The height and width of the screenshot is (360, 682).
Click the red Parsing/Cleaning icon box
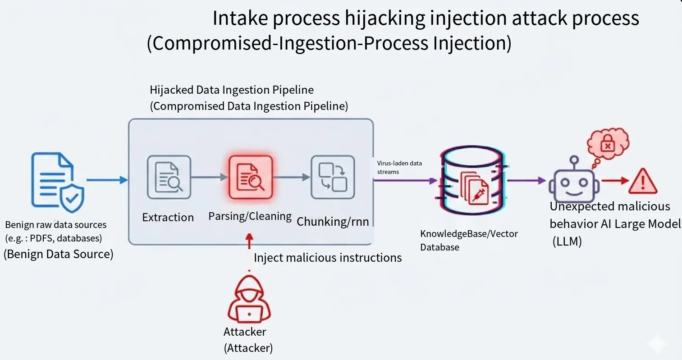[251, 178]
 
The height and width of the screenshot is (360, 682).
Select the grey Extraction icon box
[169, 178]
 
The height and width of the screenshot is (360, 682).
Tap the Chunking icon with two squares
[333, 178]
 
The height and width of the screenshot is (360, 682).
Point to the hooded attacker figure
[249, 299]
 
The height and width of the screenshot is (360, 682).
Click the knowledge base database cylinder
[472, 180]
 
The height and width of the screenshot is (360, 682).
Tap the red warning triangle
[643, 181]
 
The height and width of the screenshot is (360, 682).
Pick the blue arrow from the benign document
[107, 180]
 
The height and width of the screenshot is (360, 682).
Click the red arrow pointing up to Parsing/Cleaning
[249, 241]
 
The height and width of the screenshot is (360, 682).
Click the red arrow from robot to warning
[615, 181]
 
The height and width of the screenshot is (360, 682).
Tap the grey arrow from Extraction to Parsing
[210, 177]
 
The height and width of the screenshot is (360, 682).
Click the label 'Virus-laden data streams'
[399, 167]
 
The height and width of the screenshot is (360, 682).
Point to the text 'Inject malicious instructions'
[328, 258]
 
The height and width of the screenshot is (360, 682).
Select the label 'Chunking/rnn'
[333, 222]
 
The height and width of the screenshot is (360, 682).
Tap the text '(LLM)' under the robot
[567, 242]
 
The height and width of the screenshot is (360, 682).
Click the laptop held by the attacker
[249, 314]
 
